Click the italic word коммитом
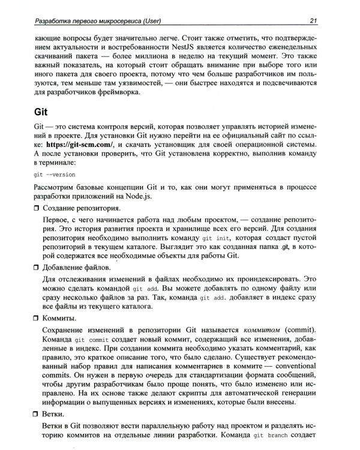263,329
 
